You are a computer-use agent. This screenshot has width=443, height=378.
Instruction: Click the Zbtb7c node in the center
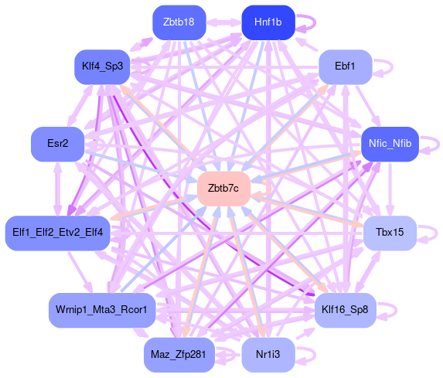click(223, 189)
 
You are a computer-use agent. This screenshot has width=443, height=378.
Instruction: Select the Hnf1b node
click(268, 22)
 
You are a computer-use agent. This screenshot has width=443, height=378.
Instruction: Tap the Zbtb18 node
click(179, 22)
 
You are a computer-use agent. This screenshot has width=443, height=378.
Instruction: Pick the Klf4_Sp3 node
click(102, 66)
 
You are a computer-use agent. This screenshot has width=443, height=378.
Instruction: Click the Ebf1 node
click(345, 66)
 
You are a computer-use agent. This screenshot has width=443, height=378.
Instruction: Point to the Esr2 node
click(58, 144)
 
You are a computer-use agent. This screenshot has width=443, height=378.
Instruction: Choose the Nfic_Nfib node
click(390, 144)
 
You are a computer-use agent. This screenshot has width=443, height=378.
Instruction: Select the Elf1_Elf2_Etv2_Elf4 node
click(58, 233)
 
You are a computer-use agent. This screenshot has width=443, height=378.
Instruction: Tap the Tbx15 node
click(390, 233)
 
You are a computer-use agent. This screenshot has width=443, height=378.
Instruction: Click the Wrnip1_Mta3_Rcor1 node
click(102, 310)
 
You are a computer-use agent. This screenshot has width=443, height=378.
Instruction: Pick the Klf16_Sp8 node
click(346, 310)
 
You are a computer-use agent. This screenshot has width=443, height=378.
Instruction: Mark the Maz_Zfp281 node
click(179, 355)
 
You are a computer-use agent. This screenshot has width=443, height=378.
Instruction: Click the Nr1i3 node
click(268, 355)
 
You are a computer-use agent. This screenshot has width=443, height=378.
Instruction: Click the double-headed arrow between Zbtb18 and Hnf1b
click(223, 23)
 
